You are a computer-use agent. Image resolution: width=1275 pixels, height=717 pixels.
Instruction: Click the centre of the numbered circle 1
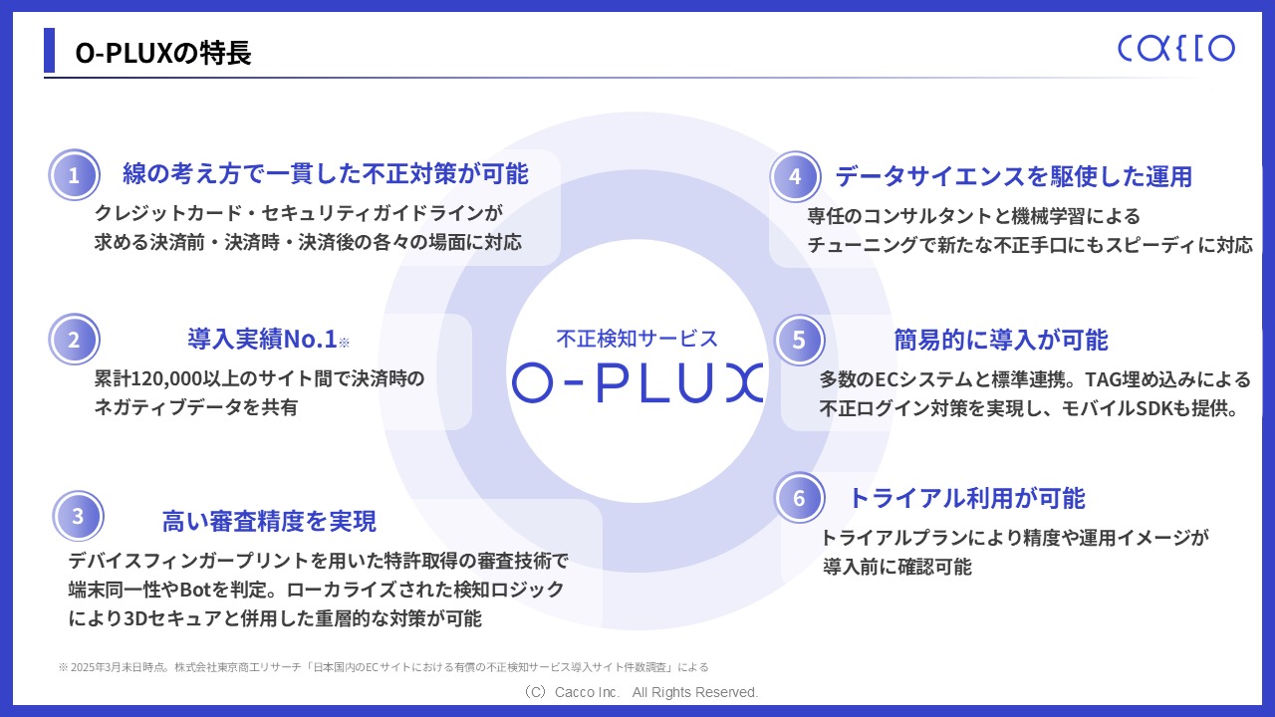(x=74, y=174)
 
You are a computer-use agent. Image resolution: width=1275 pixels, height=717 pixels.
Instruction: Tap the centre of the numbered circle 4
(x=795, y=176)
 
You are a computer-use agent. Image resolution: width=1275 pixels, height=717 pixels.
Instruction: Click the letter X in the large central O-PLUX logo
(x=744, y=382)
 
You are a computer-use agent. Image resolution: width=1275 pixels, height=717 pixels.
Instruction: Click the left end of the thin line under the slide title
(x=44, y=78)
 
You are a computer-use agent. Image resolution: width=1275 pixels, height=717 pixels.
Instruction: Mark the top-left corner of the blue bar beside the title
(x=44, y=28)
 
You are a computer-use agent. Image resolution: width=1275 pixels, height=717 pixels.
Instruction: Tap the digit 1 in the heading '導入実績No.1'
(x=331, y=340)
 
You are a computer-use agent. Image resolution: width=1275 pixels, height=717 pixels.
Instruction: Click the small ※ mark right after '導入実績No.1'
(x=344, y=342)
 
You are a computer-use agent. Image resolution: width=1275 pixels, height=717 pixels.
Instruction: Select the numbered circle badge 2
(x=74, y=340)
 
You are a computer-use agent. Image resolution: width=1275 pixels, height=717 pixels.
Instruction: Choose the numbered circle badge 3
(x=78, y=516)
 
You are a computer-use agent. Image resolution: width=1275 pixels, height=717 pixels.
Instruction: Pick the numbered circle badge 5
(x=799, y=340)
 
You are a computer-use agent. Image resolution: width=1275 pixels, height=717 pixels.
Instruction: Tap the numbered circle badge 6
(x=799, y=497)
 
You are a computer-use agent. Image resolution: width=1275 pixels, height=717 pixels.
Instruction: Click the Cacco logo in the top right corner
(x=1176, y=49)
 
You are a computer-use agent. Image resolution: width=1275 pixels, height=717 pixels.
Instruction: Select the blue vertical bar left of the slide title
(x=49, y=50)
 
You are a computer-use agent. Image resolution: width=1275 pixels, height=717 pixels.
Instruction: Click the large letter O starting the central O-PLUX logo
(x=532, y=382)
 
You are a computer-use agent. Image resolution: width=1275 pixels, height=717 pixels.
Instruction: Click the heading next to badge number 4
(x=1014, y=176)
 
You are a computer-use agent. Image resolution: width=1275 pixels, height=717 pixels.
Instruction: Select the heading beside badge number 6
(x=967, y=498)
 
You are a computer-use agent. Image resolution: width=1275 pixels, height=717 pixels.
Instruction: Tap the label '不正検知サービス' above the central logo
(x=637, y=339)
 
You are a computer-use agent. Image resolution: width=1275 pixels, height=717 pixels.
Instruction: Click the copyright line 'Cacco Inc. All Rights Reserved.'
(x=656, y=692)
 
